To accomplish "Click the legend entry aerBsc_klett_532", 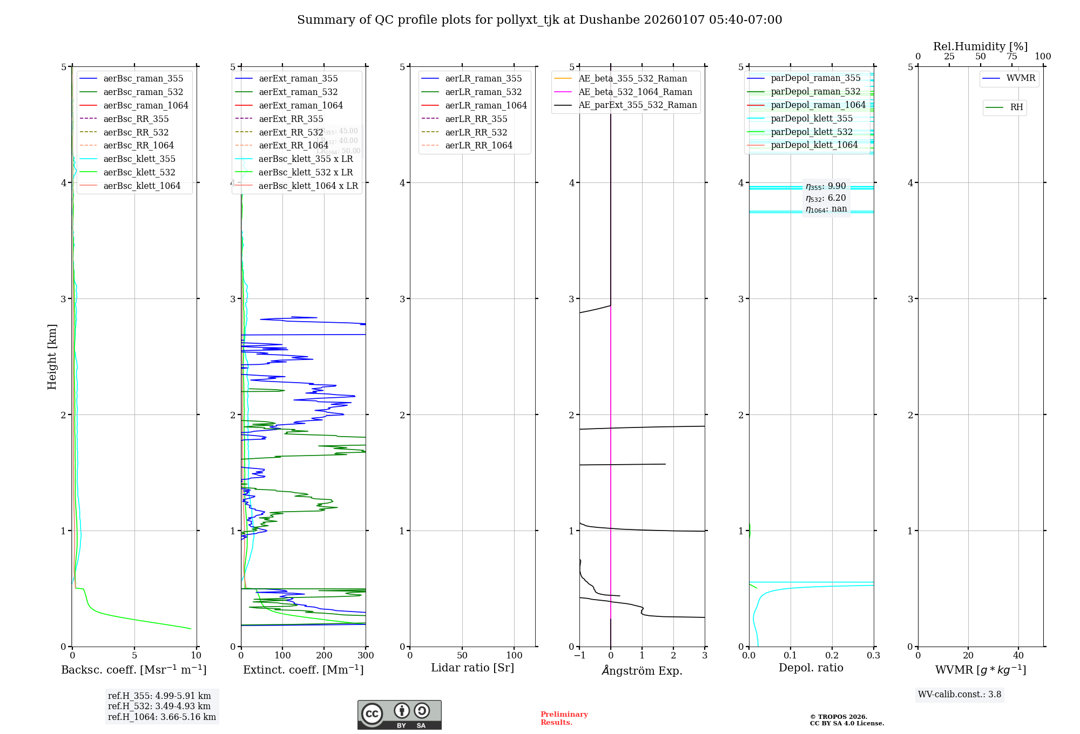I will coord(139,172).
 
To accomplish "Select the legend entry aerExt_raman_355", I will coord(298,79).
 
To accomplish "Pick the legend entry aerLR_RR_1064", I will coord(478,145).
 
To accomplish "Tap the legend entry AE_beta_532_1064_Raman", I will coord(635,92).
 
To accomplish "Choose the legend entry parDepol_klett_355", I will coord(812,118).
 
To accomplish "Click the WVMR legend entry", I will coord(1021,78).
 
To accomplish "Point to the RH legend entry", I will coord(1016,107).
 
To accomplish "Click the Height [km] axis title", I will coord(52,356).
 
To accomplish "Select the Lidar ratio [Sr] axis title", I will coord(473,668).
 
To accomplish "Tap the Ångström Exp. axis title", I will coord(642,670).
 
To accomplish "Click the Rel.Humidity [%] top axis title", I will coord(980,46).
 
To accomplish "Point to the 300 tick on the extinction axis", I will coord(366,655).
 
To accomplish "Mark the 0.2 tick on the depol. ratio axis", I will coord(832,655).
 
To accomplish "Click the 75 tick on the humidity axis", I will coord(1012,56).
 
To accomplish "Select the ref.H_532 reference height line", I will coord(159,706).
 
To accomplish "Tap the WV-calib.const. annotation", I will coord(960,694).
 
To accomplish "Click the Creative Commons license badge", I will coord(399,715).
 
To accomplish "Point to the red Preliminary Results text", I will coord(564,718).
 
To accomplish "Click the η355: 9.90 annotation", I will coord(826,186).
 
